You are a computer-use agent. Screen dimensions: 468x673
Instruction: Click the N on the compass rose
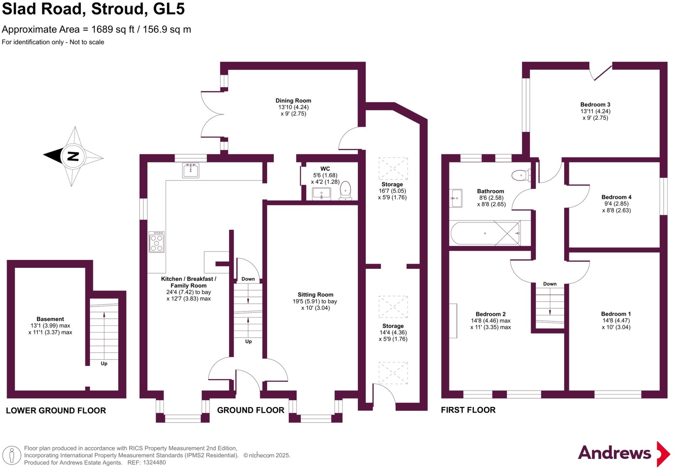click(73, 156)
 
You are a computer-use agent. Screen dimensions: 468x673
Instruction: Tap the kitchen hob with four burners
click(156, 242)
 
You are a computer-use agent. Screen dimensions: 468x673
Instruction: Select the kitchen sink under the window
click(191, 170)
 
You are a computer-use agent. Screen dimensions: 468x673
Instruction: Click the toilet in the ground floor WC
click(345, 191)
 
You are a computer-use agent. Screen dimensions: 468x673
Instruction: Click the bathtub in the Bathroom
click(485, 233)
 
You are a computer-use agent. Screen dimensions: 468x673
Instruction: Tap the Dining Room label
click(293, 101)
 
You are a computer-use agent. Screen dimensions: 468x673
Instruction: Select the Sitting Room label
click(315, 295)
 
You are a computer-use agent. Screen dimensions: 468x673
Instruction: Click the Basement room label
click(50, 319)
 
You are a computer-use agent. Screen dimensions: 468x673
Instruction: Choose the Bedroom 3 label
click(595, 105)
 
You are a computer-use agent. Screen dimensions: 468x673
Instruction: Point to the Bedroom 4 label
click(616, 197)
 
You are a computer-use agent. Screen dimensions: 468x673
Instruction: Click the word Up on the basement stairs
click(104, 363)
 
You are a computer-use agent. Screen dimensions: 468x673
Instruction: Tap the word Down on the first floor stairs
click(550, 284)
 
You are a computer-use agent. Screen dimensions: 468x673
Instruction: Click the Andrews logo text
click(614, 453)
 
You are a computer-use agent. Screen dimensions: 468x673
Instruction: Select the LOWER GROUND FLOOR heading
click(56, 410)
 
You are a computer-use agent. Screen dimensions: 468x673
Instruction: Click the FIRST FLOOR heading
click(468, 410)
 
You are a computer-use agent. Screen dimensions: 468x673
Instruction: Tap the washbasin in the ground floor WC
click(321, 194)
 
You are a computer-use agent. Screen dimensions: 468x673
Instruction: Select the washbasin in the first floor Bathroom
click(456, 198)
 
